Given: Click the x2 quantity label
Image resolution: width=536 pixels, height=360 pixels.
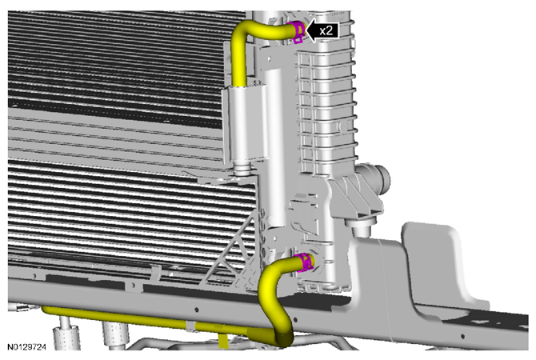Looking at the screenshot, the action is pos(326,30).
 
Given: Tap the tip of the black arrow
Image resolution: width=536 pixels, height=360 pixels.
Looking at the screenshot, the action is pos(306,30).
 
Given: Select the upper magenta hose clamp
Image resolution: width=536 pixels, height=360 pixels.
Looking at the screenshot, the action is pos(297,32).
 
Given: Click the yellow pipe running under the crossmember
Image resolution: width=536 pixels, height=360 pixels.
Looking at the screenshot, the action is pos(154,320).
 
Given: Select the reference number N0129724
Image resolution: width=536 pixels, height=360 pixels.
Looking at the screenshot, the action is pos(26,347).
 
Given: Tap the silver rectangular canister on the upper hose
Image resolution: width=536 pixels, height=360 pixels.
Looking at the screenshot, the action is pos(246,124).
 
